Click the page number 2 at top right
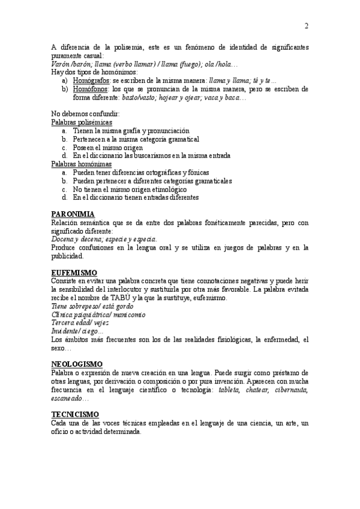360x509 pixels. tap(306, 26)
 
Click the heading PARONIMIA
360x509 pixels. tap(73, 214)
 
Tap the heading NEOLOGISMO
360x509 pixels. tap(77, 364)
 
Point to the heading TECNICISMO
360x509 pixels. tap(75, 414)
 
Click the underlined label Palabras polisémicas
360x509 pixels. tap(81, 122)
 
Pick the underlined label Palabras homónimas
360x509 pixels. tap(81, 163)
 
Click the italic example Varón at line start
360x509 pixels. tap(60, 64)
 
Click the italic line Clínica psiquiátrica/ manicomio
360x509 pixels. tap(98, 315)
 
